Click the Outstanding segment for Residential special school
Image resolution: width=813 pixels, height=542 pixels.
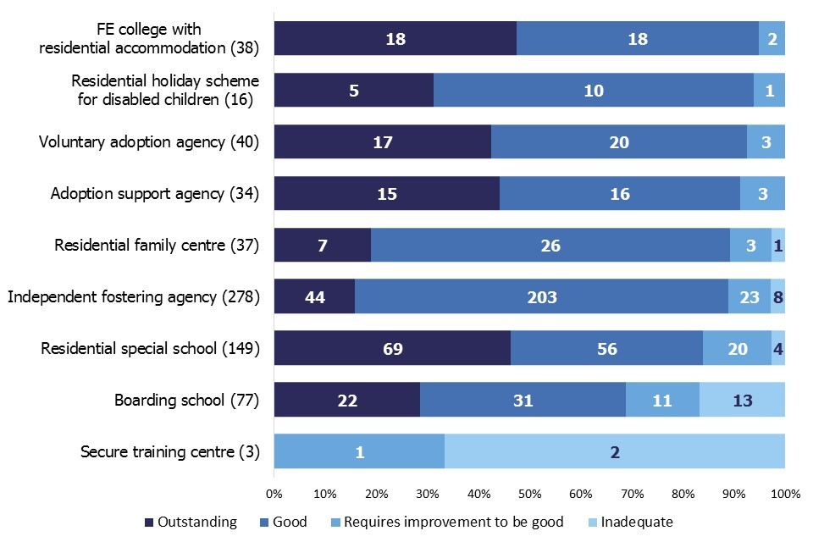point(392,348)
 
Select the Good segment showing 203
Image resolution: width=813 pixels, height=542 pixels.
point(541,296)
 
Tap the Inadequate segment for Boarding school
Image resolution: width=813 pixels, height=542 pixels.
point(742,400)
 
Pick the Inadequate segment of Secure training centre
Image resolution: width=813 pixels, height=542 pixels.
point(615,451)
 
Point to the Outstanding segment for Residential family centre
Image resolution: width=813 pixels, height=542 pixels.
point(323,245)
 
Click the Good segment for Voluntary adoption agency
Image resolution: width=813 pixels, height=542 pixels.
point(619,141)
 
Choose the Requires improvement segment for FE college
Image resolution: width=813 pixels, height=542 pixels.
point(772,38)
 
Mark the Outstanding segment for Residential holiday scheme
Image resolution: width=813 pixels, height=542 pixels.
point(354,90)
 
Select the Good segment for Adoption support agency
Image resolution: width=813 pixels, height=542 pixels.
point(620,193)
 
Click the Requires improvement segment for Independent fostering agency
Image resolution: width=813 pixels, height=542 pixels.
point(749,296)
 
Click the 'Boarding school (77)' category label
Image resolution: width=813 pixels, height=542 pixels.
point(186,400)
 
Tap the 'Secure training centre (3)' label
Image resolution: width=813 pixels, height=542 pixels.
point(169,451)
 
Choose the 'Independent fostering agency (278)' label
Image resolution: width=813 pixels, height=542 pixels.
point(133,296)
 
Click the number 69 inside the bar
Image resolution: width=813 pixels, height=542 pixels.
point(392,348)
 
